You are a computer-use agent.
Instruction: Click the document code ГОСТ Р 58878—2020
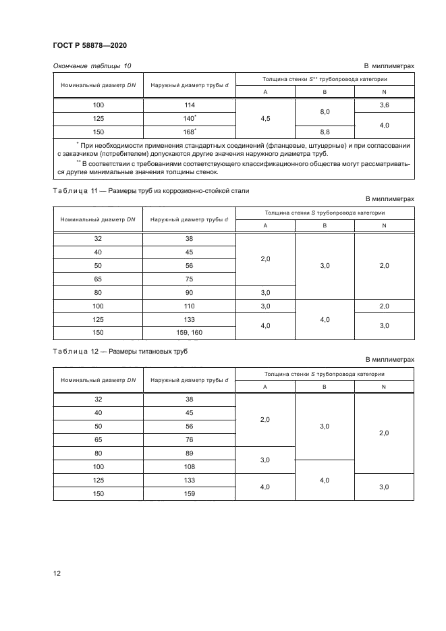(x=90, y=45)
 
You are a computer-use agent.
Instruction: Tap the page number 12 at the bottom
(x=57, y=573)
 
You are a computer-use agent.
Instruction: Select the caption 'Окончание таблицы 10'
(x=92, y=65)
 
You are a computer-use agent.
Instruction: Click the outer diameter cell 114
(x=190, y=105)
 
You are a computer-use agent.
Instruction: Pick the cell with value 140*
(x=190, y=118)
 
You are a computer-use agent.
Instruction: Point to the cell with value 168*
(x=190, y=132)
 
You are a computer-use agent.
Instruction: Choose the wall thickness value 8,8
(x=325, y=132)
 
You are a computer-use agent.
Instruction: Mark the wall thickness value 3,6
(x=384, y=105)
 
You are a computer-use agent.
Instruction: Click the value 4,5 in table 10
(x=265, y=118)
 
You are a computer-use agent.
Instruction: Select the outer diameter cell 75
(x=190, y=279)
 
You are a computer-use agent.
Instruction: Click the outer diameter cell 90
(x=190, y=292)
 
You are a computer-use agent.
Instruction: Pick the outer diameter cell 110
(x=190, y=306)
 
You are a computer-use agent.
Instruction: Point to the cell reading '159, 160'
(x=190, y=333)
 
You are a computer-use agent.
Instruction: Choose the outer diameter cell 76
(x=190, y=439)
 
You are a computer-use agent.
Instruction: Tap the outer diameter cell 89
(x=190, y=453)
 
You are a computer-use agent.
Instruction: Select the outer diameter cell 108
(x=190, y=466)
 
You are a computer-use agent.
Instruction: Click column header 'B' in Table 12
(x=325, y=387)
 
